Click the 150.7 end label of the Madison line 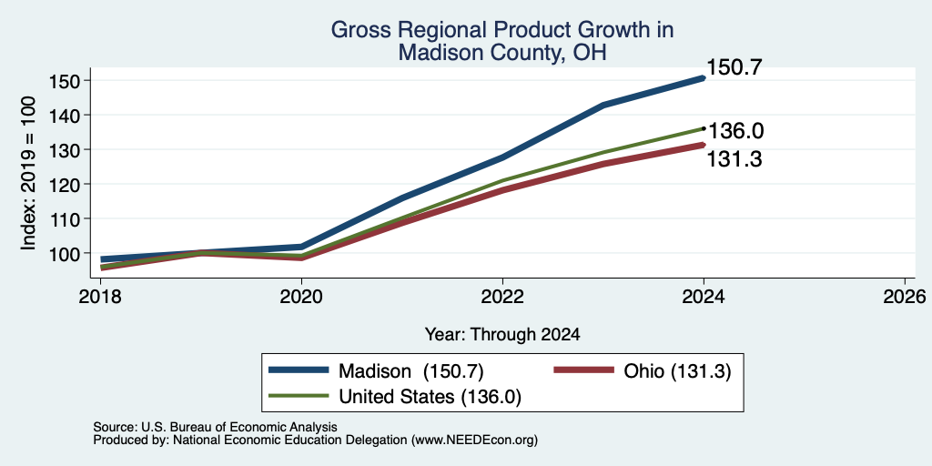734,67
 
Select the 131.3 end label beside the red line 734,158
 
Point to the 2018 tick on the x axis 100,296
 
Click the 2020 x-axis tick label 301,296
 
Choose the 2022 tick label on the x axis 502,296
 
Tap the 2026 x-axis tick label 905,296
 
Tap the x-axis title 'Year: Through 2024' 502,335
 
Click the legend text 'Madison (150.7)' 411,371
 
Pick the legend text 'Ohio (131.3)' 677,371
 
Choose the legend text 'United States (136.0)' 431,397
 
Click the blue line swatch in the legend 299,370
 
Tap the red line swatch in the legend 583,370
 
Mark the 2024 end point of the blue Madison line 704,78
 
